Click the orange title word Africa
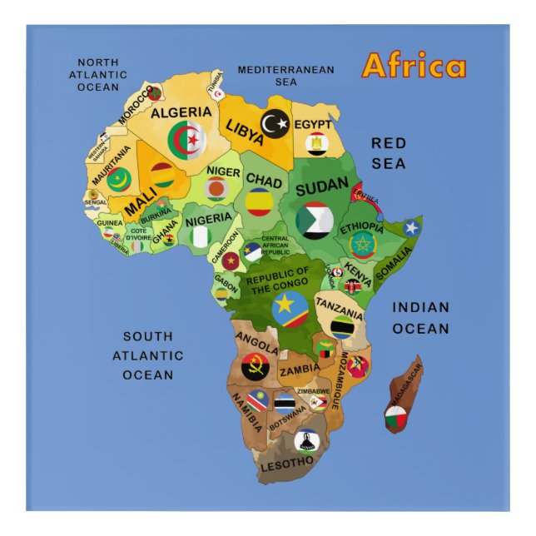coord(414,67)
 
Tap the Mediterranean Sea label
coord(285,76)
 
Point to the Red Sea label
coord(389,153)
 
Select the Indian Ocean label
coord(420,318)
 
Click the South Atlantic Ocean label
coord(148,355)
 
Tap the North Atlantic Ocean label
coord(97,74)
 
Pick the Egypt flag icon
coord(316,145)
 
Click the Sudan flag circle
coord(315,220)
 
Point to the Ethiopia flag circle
coord(363,245)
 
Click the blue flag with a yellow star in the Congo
coord(290,309)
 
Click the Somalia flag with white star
coord(411,227)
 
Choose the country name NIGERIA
coord(208,220)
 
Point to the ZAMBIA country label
coord(300,370)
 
